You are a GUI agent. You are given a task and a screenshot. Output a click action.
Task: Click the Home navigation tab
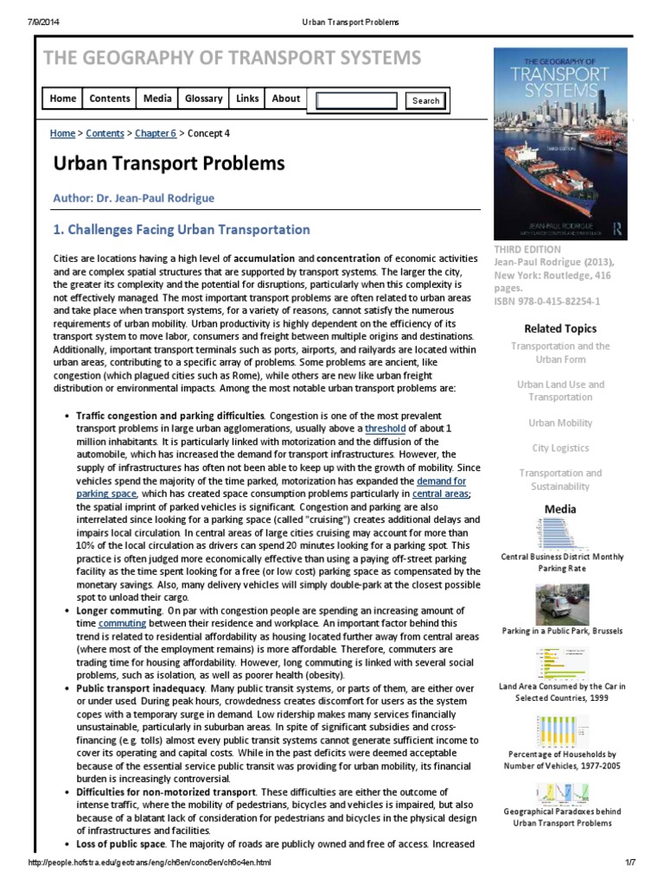click(x=63, y=99)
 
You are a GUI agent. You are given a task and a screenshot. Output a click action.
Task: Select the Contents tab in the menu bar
click(x=110, y=99)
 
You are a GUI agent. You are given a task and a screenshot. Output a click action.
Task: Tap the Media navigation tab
click(x=157, y=99)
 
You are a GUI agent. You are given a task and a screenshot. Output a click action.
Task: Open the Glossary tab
click(x=204, y=99)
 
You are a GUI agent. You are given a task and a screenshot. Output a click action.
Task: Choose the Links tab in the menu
click(x=247, y=99)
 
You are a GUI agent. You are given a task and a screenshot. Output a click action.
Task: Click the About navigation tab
click(x=286, y=99)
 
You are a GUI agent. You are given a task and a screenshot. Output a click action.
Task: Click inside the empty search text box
click(x=356, y=100)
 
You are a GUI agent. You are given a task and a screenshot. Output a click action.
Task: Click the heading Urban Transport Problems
click(x=169, y=163)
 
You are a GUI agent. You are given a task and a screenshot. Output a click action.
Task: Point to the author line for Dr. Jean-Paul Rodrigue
click(x=134, y=198)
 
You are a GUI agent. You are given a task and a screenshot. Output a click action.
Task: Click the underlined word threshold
click(x=385, y=429)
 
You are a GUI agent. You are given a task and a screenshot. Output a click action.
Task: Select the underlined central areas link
click(x=441, y=493)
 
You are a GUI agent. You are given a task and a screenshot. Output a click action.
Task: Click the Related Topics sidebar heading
click(x=559, y=328)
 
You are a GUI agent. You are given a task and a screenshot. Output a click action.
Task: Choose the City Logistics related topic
click(x=559, y=448)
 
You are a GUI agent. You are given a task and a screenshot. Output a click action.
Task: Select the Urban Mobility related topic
click(x=559, y=423)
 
